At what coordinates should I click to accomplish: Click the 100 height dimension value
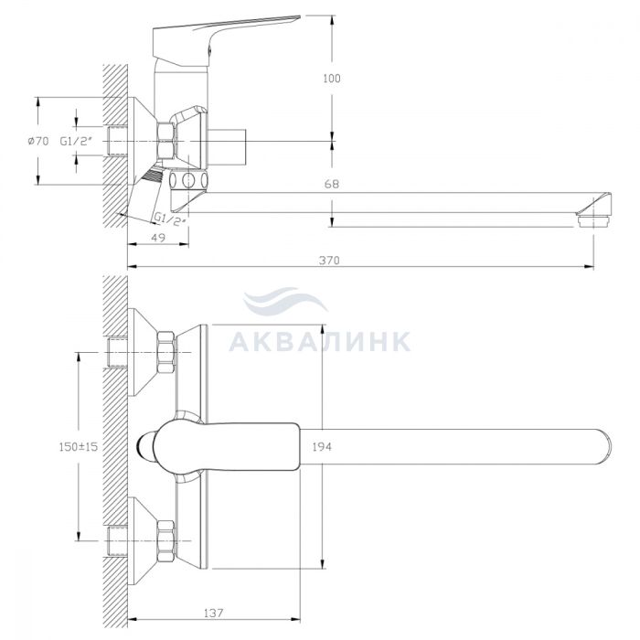(x=331, y=79)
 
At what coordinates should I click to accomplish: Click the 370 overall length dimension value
(x=329, y=261)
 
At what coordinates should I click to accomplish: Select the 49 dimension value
(x=158, y=238)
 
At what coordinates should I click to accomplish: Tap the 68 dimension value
(x=331, y=184)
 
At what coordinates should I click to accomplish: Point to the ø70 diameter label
(x=38, y=141)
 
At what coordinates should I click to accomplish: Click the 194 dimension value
(x=322, y=447)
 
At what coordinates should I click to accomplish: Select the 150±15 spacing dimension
(x=79, y=447)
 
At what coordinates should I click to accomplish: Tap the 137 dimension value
(x=213, y=613)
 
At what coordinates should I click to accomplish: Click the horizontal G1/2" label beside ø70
(x=76, y=141)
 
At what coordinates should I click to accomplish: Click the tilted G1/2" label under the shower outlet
(x=170, y=219)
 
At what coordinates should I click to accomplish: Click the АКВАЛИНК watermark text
(x=320, y=341)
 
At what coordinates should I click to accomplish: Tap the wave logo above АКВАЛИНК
(x=285, y=300)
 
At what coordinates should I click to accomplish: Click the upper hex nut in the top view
(x=166, y=352)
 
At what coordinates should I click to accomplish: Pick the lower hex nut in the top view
(x=166, y=541)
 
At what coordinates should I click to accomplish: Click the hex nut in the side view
(x=166, y=141)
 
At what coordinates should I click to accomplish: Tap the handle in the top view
(x=227, y=447)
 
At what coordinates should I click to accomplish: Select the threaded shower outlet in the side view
(x=153, y=176)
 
